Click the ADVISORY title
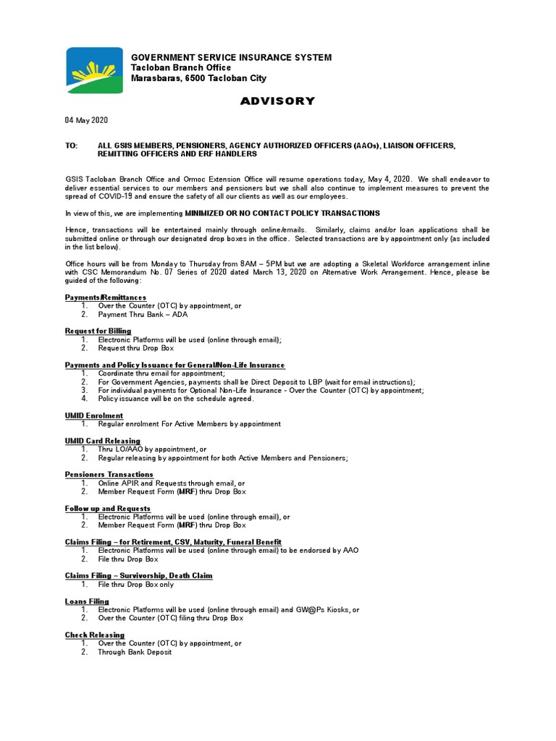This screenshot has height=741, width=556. [277, 101]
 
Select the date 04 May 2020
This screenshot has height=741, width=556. [86, 120]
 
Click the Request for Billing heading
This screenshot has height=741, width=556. [98, 331]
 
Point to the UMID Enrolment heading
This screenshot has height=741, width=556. [94, 415]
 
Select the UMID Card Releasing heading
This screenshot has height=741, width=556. [103, 441]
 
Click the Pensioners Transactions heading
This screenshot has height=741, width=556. [109, 474]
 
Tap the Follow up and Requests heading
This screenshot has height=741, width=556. [108, 508]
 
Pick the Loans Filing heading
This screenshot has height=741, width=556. [87, 601]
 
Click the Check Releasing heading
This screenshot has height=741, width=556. [95, 635]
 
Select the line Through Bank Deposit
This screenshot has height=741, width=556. [135, 652]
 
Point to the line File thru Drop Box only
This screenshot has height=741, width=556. [136, 584]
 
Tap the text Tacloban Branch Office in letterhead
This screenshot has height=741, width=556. [180, 67]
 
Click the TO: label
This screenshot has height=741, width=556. [71, 145]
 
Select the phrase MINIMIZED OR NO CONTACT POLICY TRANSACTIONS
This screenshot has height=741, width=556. [282, 213]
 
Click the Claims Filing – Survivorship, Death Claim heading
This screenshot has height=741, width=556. [138, 575]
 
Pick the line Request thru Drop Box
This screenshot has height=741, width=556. [136, 348]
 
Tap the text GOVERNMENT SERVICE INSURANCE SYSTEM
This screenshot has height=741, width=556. [231, 57]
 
